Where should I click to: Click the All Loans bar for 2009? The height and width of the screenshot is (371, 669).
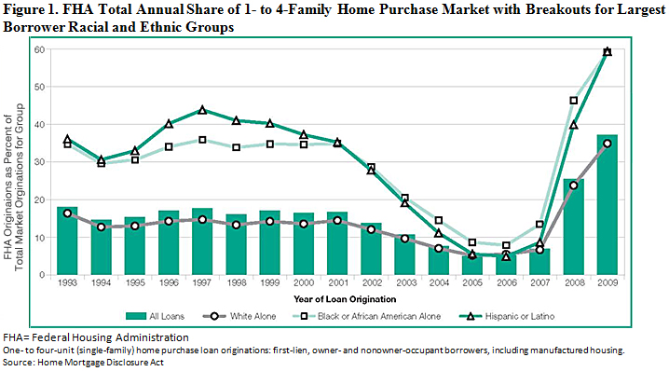(607, 205)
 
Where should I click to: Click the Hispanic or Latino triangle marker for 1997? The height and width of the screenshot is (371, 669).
(202, 110)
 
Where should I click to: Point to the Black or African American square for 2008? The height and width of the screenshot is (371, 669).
(574, 101)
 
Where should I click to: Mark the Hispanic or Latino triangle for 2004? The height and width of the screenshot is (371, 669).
(439, 233)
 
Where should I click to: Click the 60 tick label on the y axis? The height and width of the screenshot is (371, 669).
(42, 49)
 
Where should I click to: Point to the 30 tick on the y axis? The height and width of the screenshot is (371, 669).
(42, 162)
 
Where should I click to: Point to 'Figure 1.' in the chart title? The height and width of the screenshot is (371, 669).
(29, 10)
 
